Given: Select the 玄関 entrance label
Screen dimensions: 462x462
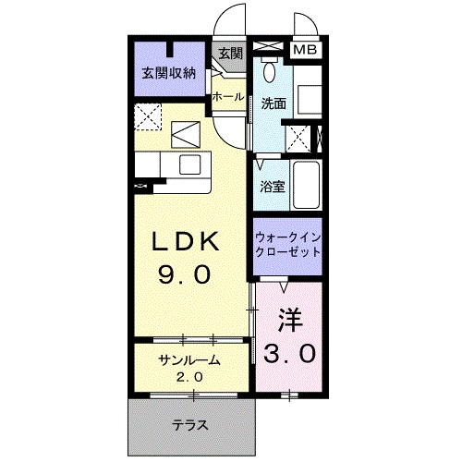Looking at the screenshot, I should coord(231,53).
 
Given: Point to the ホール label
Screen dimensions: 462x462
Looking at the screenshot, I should coord(227,96).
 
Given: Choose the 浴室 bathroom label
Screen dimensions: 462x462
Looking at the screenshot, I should coord(272,185).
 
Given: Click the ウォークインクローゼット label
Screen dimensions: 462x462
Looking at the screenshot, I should coord(287,243).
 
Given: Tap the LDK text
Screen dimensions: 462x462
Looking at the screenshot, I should coord(186,242).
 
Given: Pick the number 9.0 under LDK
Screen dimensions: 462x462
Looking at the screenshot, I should coord(186,274).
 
